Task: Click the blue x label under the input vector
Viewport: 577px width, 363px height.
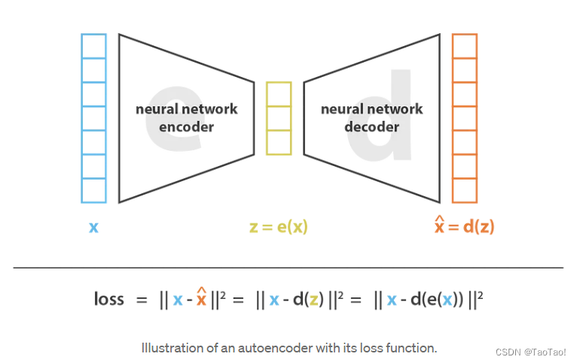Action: [93, 226]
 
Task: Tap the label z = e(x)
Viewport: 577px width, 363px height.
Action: [278, 226]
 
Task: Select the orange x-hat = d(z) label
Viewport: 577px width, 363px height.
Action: [464, 226]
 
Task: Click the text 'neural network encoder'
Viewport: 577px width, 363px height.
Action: [186, 118]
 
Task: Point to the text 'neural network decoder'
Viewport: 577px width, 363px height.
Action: [371, 118]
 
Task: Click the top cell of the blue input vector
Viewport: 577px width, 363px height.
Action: [93, 46]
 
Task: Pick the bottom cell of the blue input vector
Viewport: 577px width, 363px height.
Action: [93, 190]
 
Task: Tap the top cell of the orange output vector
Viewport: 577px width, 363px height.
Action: [464, 46]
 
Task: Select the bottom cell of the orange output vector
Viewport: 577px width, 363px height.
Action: [464, 190]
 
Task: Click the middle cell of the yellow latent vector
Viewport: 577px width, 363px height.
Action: [278, 118]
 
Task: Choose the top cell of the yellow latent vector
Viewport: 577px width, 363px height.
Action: [278, 94]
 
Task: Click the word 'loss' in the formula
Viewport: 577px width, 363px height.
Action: [109, 299]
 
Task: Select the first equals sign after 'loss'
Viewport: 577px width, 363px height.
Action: [141, 300]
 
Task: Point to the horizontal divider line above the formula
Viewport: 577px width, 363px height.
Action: [288, 267]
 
